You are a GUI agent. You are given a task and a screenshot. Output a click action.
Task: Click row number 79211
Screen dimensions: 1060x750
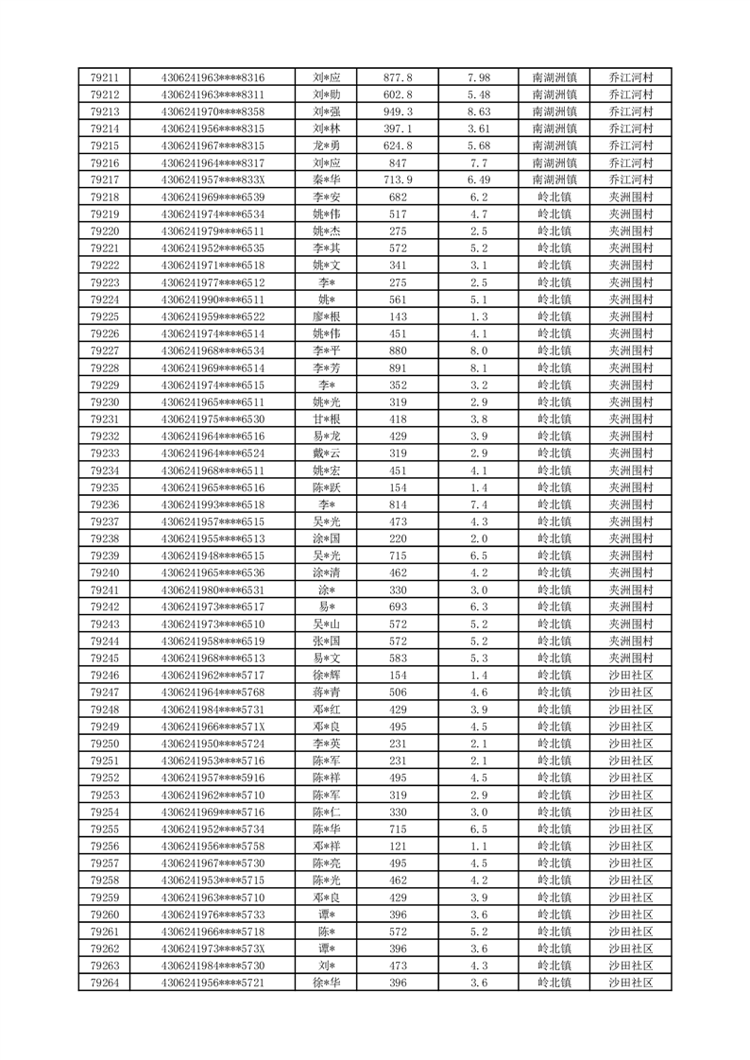(x=104, y=77)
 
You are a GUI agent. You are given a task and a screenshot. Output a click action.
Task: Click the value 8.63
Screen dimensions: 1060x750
(x=479, y=111)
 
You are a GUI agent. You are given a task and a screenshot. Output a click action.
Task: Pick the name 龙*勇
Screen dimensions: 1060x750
(x=325, y=145)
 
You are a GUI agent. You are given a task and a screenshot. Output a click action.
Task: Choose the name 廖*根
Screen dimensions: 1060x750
(x=325, y=316)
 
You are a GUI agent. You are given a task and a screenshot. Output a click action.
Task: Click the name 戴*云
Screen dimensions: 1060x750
(x=325, y=453)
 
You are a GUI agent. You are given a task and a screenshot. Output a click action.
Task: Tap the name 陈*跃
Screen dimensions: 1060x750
(x=325, y=487)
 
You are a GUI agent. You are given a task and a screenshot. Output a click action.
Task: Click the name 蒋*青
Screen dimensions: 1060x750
(x=325, y=692)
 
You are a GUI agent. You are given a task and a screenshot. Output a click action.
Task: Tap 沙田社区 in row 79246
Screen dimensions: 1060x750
(x=632, y=675)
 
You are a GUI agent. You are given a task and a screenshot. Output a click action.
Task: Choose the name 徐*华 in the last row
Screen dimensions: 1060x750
(x=325, y=982)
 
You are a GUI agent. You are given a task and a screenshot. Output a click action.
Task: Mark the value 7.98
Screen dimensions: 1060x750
(x=479, y=77)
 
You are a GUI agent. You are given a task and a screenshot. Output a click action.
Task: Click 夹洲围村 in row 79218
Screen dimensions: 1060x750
(x=632, y=197)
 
